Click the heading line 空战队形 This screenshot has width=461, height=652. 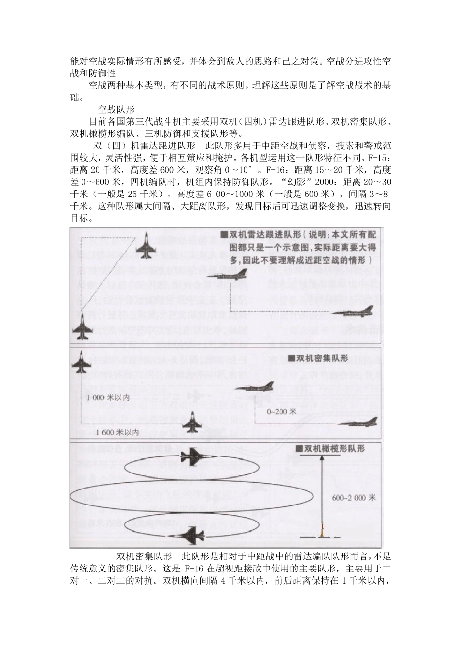[116, 109]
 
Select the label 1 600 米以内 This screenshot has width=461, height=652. [118, 431]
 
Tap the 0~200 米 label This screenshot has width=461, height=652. [281, 411]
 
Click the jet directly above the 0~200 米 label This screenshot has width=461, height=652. [254, 387]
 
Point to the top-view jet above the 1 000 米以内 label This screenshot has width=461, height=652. [81, 363]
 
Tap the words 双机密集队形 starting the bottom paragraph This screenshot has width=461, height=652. [145, 556]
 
